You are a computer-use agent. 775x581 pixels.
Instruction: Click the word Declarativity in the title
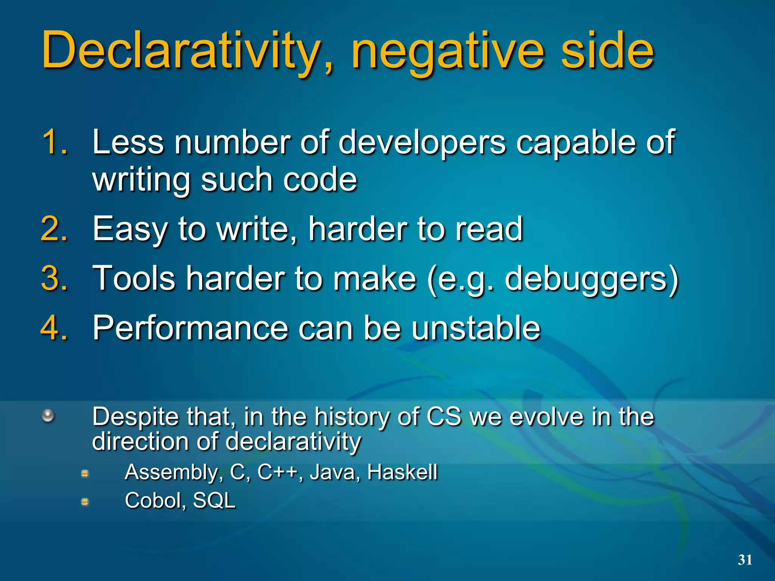pyautogui.click(x=182, y=51)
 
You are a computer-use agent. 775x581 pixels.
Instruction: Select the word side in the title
pyautogui.click(x=607, y=51)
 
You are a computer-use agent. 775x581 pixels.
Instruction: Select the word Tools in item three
pyautogui.click(x=134, y=279)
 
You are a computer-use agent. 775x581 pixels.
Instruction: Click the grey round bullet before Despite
pyautogui.click(x=48, y=416)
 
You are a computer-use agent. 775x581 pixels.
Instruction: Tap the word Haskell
pyautogui.click(x=402, y=472)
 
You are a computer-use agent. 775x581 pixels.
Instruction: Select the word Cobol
pyautogui.click(x=154, y=501)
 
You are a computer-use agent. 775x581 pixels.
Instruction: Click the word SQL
pyautogui.click(x=214, y=501)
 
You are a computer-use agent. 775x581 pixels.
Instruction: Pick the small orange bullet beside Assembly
pyautogui.click(x=85, y=473)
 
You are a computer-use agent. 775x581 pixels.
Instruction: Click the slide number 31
pyautogui.click(x=745, y=559)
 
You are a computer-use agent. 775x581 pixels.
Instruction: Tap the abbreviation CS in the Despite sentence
pyautogui.click(x=444, y=416)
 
